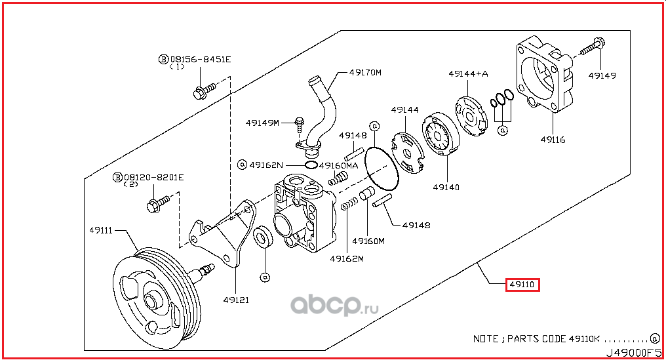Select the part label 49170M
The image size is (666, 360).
[365, 73]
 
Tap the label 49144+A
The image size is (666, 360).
[469, 73]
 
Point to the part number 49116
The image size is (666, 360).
[553, 140]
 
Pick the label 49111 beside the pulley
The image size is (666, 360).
[102, 230]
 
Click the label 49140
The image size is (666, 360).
[446, 187]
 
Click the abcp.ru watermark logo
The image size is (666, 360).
[335, 304]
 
